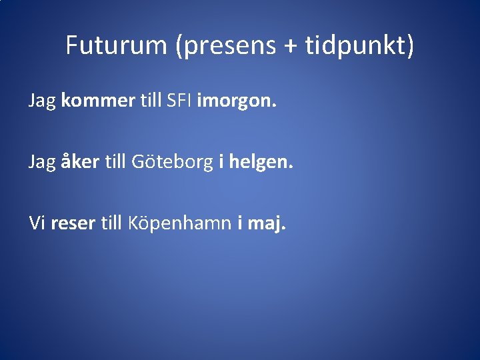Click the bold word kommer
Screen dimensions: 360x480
[97, 101]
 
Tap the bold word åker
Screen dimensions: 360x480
[81, 161]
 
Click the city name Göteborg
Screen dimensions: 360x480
[171, 161]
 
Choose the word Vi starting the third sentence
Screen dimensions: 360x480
[36, 223]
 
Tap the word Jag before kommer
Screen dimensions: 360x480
[42, 102]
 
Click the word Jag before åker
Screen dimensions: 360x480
[42, 162]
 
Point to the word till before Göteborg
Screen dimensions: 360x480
[116, 161]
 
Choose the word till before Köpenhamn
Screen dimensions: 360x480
[111, 223]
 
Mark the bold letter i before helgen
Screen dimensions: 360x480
[221, 161]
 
